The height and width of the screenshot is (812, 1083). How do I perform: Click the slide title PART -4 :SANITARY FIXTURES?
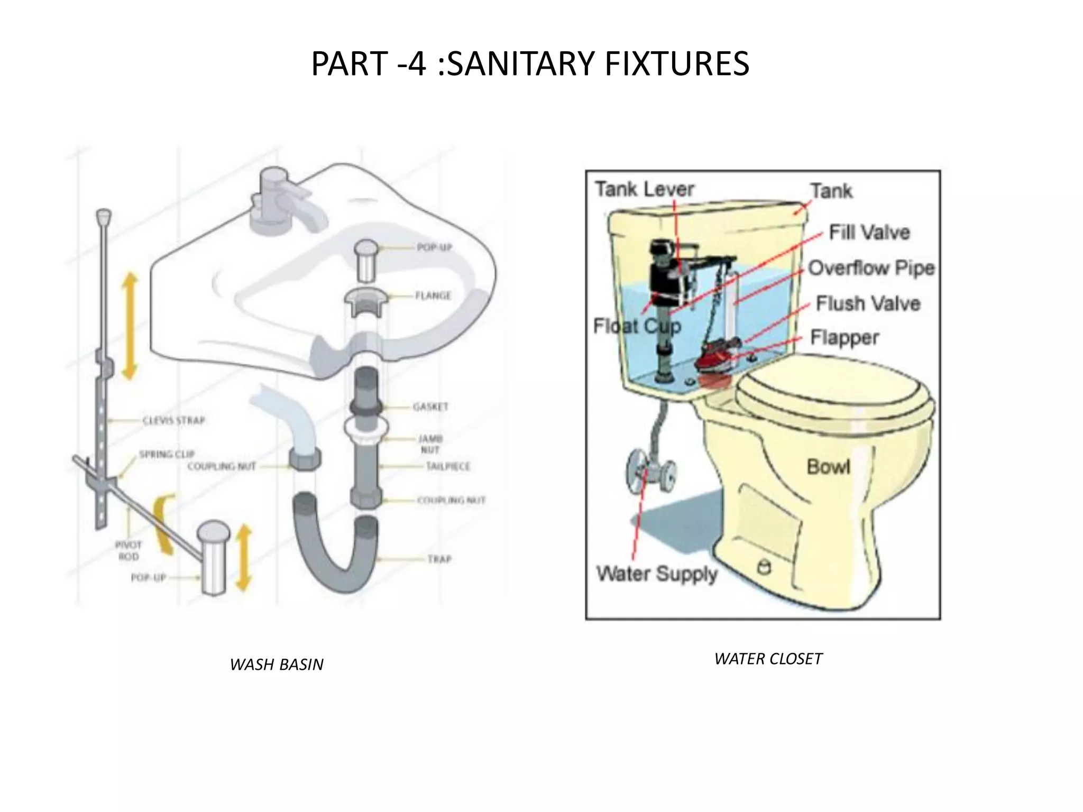click(x=530, y=63)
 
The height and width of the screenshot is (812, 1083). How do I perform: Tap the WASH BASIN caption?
click(x=277, y=665)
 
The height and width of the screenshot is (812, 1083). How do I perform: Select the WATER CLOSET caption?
click(x=768, y=659)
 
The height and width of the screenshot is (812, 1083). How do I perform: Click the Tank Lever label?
click(x=644, y=189)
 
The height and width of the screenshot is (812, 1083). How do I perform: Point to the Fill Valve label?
click(x=869, y=232)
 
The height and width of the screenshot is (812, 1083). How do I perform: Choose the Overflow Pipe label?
click(x=871, y=268)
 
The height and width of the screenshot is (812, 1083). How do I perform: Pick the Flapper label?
click(x=844, y=338)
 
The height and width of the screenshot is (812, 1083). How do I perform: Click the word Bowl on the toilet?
click(x=828, y=466)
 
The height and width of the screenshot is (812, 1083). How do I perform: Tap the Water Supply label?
click(x=657, y=574)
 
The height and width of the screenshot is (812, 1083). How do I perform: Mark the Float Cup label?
click(x=637, y=326)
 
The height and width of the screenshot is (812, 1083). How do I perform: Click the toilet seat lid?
click(x=833, y=402)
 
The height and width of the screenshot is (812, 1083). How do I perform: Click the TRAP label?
click(x=439, y=559)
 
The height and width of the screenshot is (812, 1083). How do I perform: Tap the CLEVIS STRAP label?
click(x=173, y=421)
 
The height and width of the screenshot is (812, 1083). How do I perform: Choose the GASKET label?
click(x=430, y=407)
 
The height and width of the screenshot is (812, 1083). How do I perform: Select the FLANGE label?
click(x=433, y=296)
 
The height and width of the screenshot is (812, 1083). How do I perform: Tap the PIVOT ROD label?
click(x=129, y=550)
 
